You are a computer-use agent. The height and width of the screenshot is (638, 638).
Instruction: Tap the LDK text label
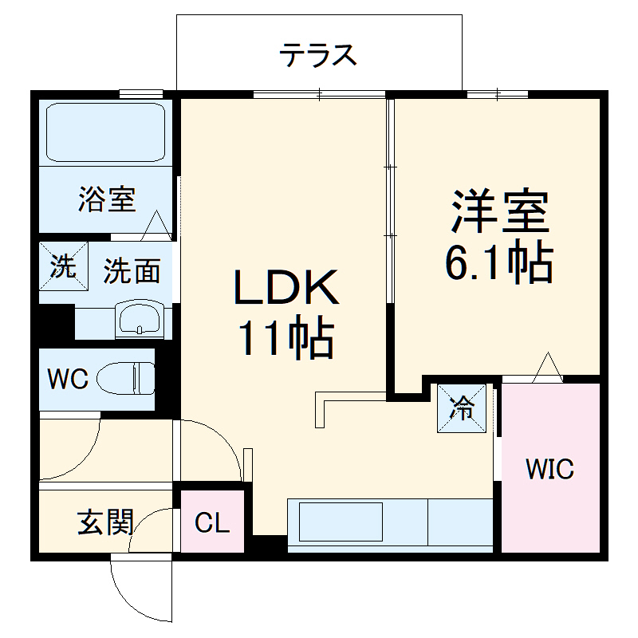click(x=286, y=289)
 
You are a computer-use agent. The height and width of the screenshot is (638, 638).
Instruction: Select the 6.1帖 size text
click(x=498, y=261)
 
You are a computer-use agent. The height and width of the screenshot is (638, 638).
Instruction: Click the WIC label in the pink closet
click(x=549, y=470)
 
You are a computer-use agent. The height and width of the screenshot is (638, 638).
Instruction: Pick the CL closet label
click(x=212, y=524)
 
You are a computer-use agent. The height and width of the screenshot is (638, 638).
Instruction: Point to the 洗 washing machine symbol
click(x=61, y=266)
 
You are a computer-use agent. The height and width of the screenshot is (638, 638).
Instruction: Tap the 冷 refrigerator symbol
click(x=462, y=408)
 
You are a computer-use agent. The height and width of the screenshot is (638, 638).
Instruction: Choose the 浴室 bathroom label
click(x=106, y=199)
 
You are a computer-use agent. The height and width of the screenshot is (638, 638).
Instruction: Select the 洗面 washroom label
click(x=132, y=271)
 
